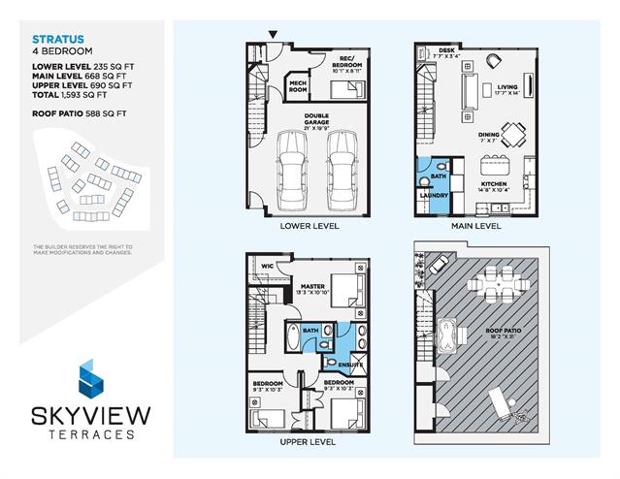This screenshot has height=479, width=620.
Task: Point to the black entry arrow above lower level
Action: (274, 35)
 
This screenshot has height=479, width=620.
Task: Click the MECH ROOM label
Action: (299, 87)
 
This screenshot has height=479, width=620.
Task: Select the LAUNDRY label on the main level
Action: (434, 195)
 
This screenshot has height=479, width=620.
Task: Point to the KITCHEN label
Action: (495, 181)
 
